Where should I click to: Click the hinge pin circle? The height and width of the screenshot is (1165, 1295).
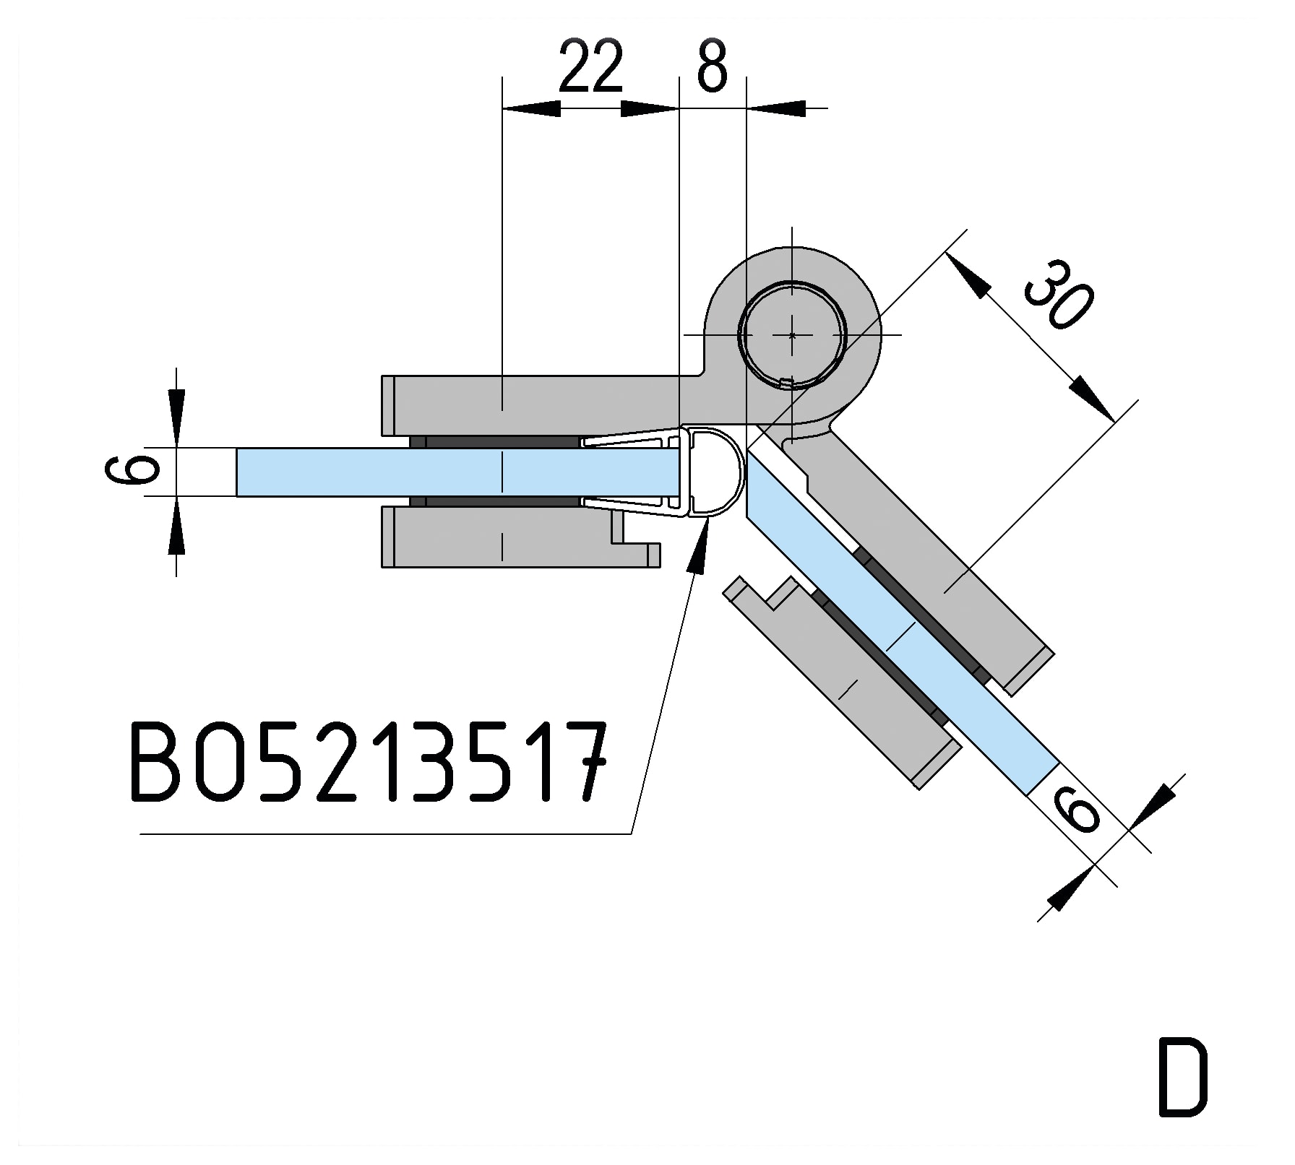point(792,335)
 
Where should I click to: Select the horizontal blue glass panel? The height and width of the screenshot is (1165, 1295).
point(455,472)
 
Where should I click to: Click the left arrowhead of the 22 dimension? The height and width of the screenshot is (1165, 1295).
point(531,109)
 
